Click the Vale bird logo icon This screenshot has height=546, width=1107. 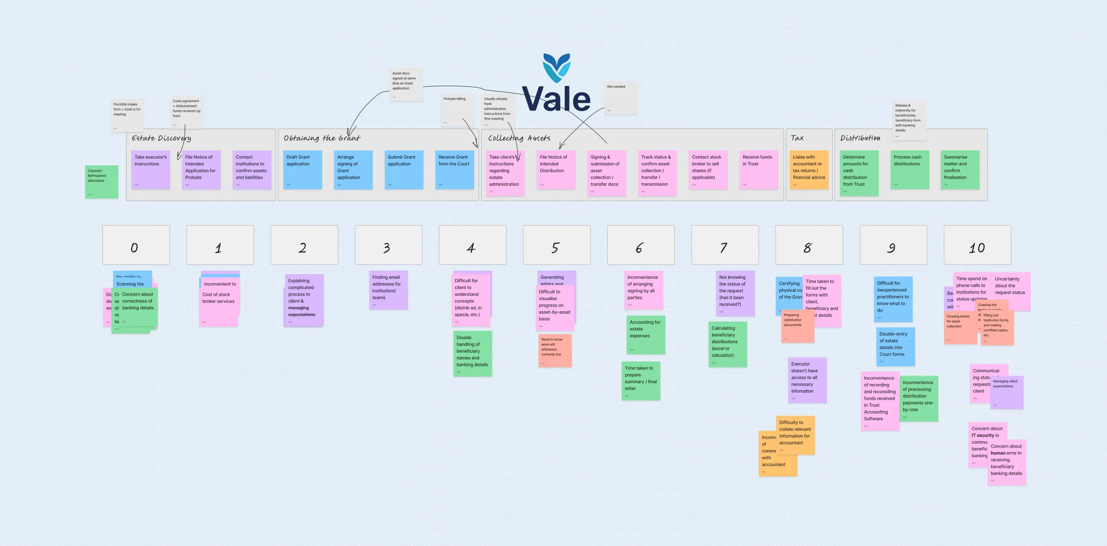click(557, 67)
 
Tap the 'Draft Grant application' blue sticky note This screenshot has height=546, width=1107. click(303, 170)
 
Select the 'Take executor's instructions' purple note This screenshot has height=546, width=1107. click(150, 170)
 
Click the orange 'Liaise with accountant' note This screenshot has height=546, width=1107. click(809, 170)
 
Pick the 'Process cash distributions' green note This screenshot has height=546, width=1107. click(910, 170)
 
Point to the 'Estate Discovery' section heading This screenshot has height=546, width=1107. click(161, 138)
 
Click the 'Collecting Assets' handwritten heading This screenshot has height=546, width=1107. click(519, 138)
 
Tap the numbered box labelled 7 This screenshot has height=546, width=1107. click(725, 245)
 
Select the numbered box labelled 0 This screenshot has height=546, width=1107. click(136, 245)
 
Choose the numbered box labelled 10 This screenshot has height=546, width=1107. click(977, 245)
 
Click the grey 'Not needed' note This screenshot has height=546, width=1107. click(621, 98)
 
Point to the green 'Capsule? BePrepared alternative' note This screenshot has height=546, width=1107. click(101, 182)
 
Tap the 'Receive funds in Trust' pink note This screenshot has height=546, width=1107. click(759, 170)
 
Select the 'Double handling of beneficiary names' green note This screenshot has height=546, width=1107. click(472, 354)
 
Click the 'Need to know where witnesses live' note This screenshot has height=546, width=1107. click(555, 351)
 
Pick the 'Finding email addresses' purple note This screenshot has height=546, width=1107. click(388, 290)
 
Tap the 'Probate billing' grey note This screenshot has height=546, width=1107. click(457, 110)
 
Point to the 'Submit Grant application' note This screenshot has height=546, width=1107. click(404, 170)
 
